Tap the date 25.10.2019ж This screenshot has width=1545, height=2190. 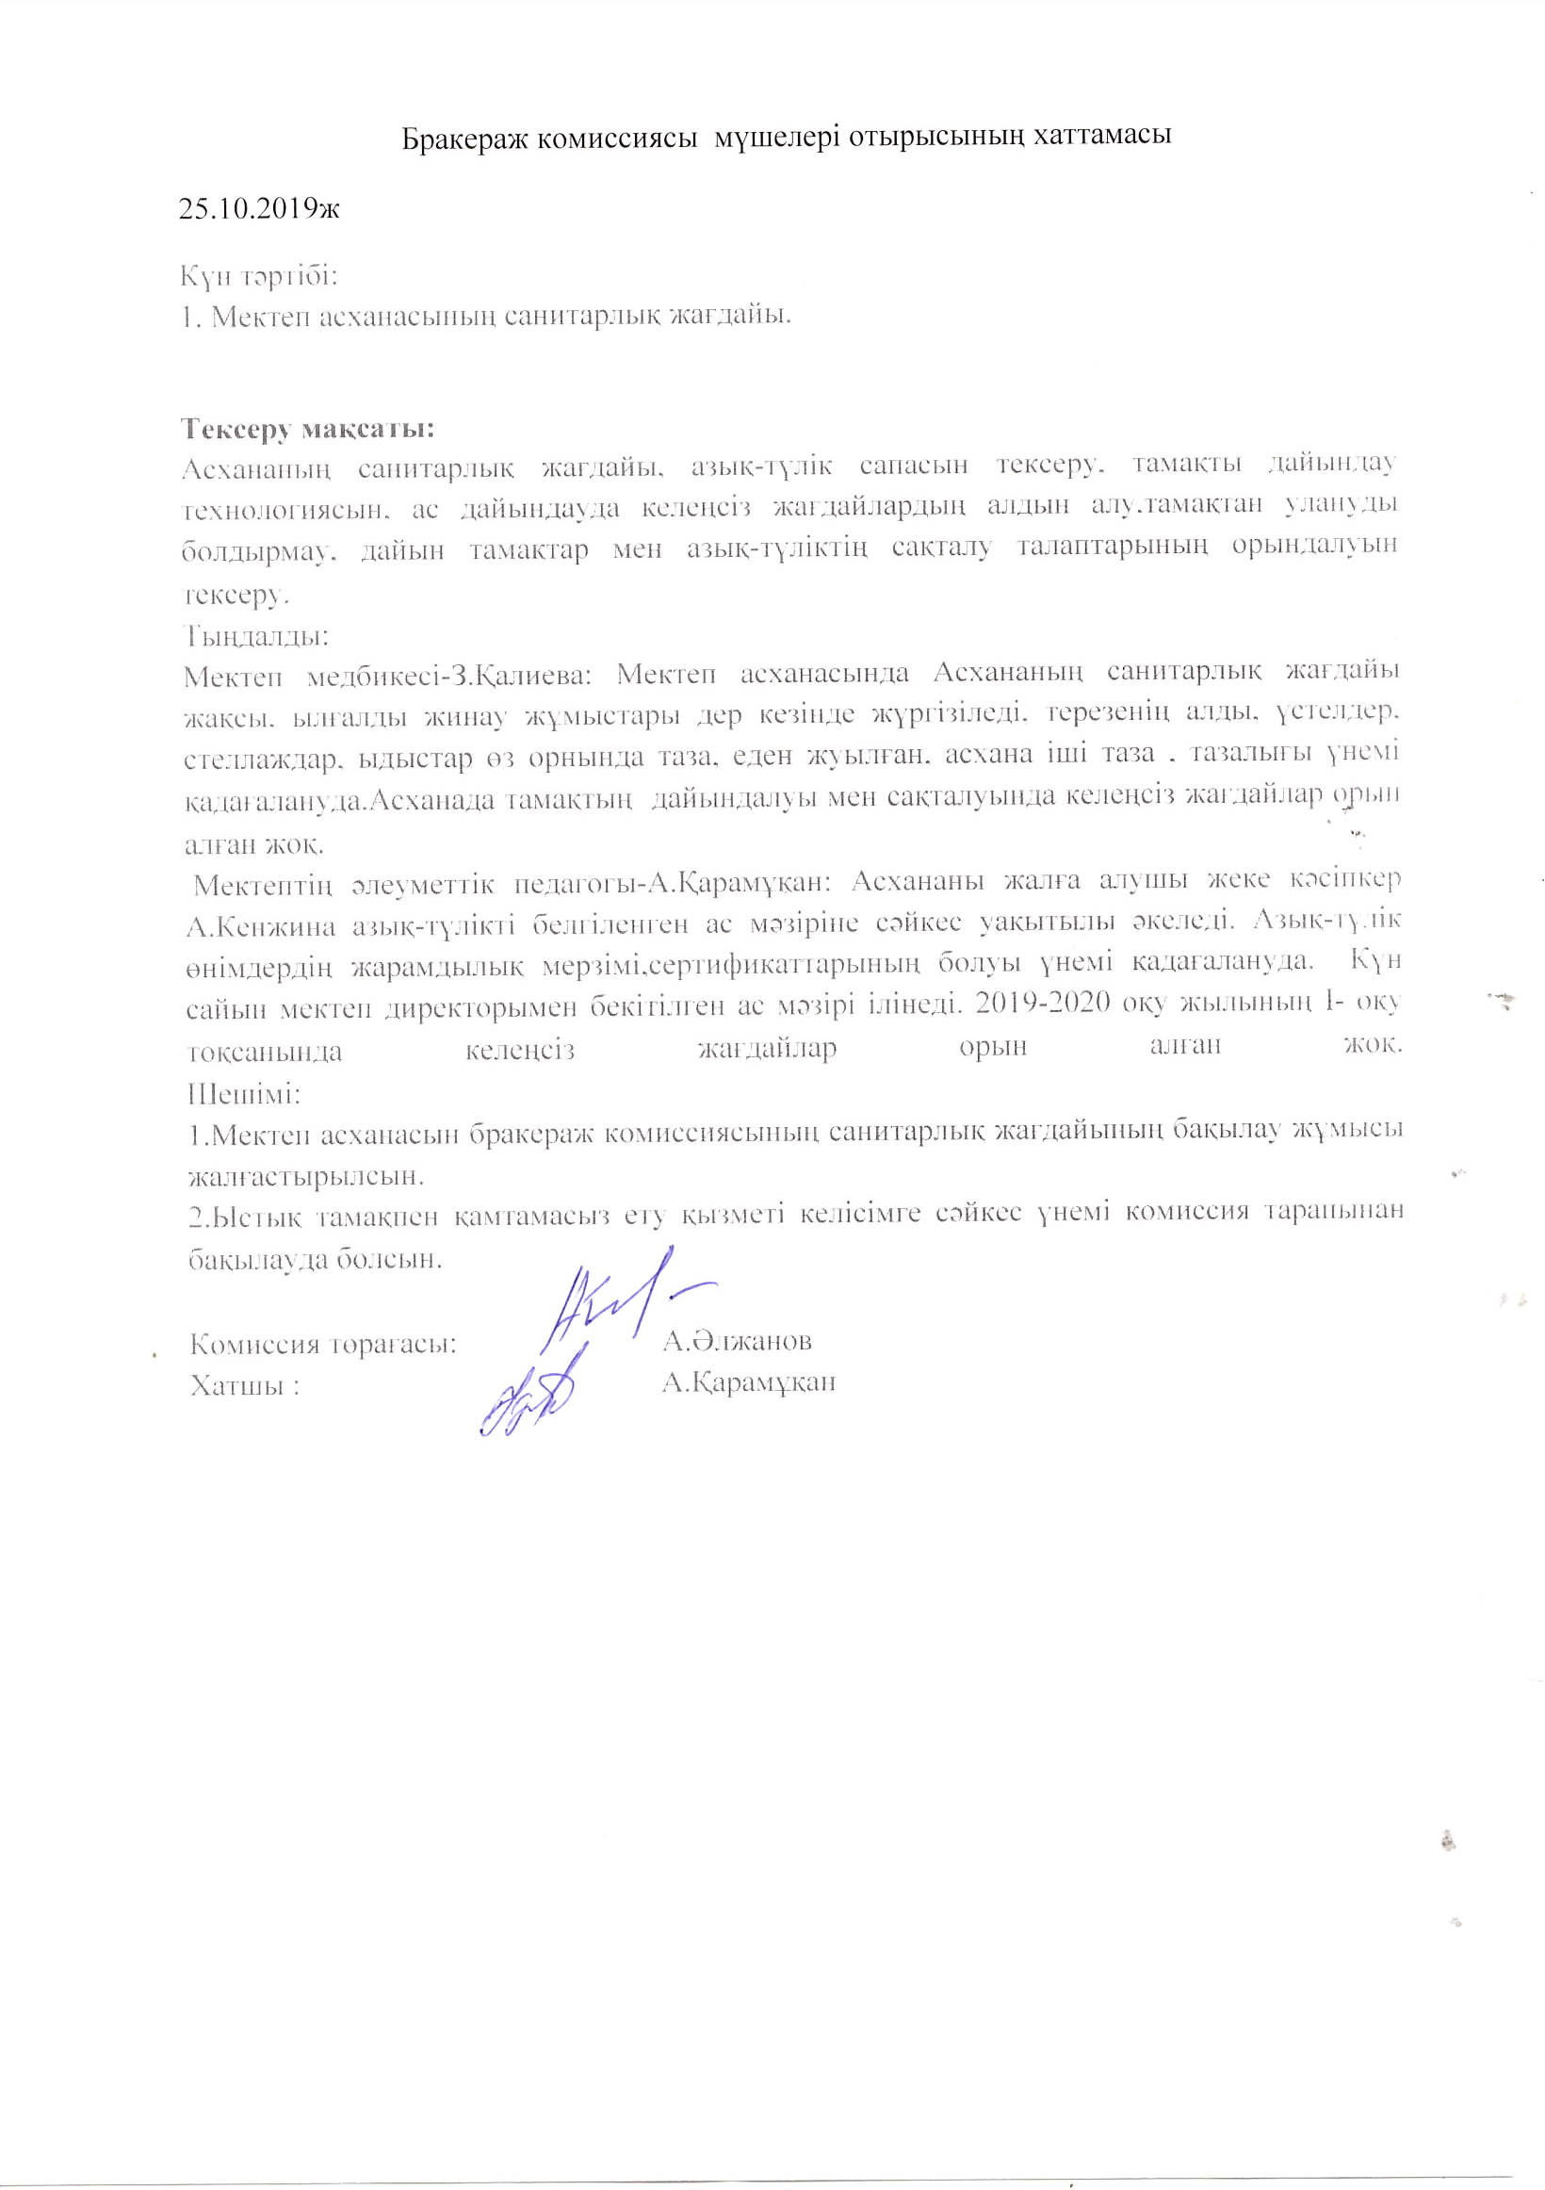coord(259,208)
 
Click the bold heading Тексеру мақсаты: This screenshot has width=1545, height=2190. coord(307,427)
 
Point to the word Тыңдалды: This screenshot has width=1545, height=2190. coord(256,634)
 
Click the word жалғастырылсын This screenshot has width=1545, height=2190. coord(305,1175)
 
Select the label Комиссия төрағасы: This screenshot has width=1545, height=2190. coord(322,1344)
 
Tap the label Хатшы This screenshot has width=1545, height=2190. coord(239,1384)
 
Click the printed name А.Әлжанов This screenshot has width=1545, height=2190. coord(738,1341)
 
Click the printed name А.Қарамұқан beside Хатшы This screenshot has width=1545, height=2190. coord(749,1382)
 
